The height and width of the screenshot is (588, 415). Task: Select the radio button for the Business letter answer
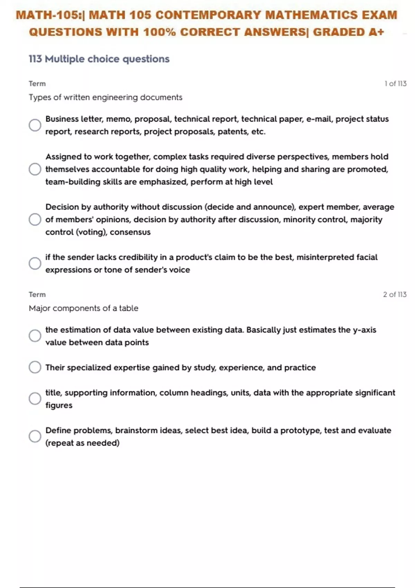pyautogui.click(x=35, y=125)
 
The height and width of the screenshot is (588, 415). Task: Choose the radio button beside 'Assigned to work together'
pyautogui.click(x=35, y=169)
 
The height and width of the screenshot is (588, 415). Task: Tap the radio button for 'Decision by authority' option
pyautogui.click(x=35, y=219)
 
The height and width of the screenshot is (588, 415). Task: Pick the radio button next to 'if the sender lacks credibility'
pyautogui.click(x=35, y=263)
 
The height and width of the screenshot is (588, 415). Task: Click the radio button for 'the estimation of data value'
pyautogui.click(x=35, y=336)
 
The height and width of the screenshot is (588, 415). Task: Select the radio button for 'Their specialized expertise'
pyautogui.click(x=35, y=367)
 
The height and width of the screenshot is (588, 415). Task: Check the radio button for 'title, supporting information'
pyautogui.click(x=35, y=398)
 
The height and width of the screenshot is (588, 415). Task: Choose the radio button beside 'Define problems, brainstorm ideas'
pyautogui.click(x=35, y=436)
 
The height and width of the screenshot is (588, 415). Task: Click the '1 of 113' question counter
pyautogui.click(x=395, y=84)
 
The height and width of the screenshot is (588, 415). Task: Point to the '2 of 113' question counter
pyautogui.click(x=395, y=294)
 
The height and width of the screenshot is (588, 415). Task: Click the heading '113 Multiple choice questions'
pyautogui.click(x=99, y=59)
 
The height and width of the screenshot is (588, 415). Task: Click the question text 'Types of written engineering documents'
pyautogui.click(x=105, y=97)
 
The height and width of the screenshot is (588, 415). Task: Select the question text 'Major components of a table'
pyautogui.click(x=83, y=308)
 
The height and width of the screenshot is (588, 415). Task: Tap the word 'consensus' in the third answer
pyautogui.click(x=130, y=232)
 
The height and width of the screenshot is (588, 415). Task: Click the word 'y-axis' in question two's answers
pyautogui.click(x=365, y=330)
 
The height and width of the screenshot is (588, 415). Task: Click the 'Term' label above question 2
pyautogui.click(x=37, y=294)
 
